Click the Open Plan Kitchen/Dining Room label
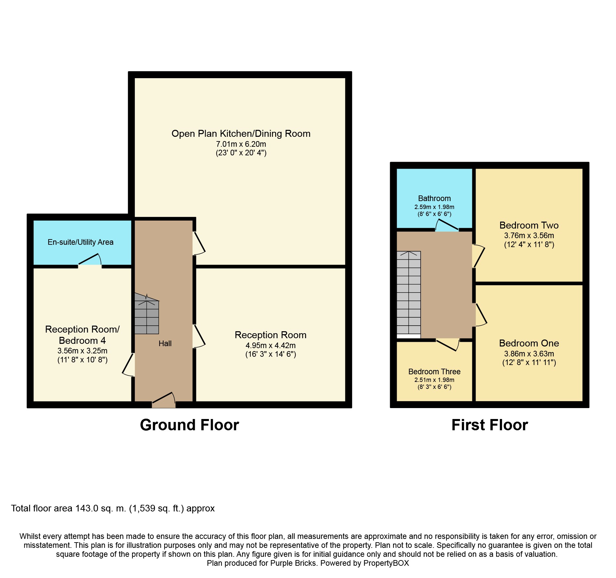point(241,134)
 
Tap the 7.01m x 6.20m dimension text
point(241,144)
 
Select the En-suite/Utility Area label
point(80,242)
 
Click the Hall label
point(165,343)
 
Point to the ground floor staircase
point(147,314)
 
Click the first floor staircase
point(409,293)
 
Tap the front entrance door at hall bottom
point(164,400)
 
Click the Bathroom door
point(447,225)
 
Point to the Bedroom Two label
point(529,225)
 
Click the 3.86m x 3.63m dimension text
point(529,353)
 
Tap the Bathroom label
point(434,198)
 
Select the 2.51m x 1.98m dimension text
point(434,380)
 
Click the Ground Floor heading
point(189,425)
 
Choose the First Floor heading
point(489,425)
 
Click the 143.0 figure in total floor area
point(87,508)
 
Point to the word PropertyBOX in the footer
point(386,563)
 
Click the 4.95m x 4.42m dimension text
point(271,345)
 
